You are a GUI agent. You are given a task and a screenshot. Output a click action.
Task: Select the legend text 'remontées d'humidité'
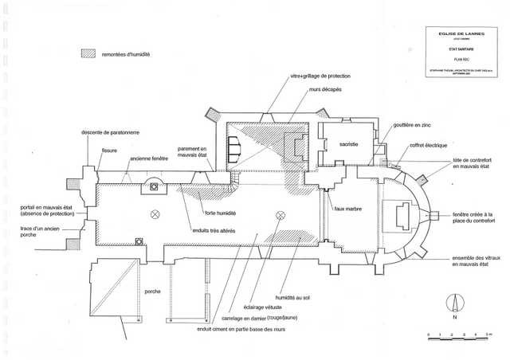[125, 54]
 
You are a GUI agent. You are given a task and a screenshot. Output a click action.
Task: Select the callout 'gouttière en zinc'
[412, 124]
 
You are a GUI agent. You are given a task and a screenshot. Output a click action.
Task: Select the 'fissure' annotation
[109, 149]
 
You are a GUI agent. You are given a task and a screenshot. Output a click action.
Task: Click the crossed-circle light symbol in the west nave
[156, 214]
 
